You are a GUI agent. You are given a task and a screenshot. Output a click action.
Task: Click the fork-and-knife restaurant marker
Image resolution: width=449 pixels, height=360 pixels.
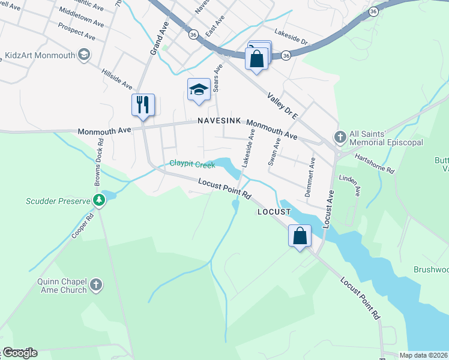[143, 105]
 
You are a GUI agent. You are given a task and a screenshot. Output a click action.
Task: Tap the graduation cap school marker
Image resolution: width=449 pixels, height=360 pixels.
[199, 90]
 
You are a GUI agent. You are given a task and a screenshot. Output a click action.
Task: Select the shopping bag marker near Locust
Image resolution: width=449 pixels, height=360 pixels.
[300, 235]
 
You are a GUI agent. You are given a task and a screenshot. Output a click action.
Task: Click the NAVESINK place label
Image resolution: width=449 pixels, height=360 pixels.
[219, 121]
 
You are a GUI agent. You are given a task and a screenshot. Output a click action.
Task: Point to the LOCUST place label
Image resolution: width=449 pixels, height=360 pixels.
[274, 212]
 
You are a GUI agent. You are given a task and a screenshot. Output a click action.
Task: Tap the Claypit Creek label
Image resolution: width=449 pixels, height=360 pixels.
[191, 164]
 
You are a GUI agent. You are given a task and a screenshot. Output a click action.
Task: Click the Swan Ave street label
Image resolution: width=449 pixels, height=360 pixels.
[274, 152]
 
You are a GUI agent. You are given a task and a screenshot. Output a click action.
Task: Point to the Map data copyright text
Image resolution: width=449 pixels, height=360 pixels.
[423, 355]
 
